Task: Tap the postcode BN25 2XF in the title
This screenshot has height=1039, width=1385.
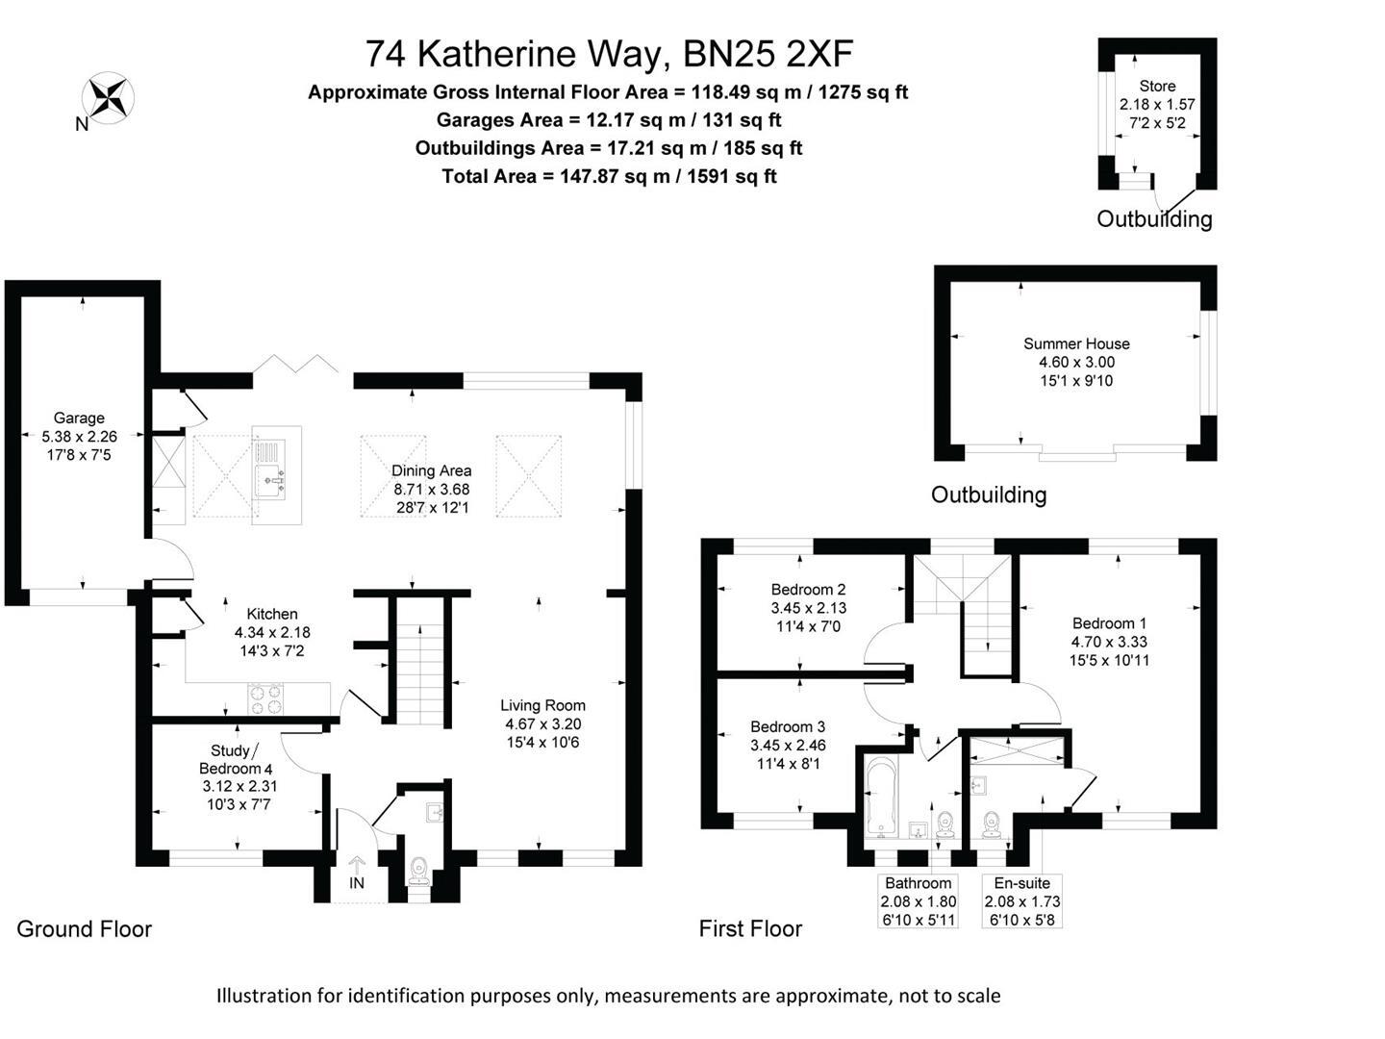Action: click(x=768, y=54)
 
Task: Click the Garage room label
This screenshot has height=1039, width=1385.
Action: click(x=79, y=418)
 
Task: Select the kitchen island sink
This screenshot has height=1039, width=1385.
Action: click(x=270, y=476)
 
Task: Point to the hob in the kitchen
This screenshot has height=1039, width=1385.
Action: click(x=266, y=698)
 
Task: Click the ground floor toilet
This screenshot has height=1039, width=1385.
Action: click(x=418, y=870)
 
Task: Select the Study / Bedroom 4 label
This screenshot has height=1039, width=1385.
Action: click(x=235, y=760)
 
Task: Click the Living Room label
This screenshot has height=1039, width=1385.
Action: click(x=542, y=705)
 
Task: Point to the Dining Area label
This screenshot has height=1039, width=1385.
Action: click(x=431, y=470)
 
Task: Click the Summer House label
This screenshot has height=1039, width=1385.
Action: click(x=1076, y=343)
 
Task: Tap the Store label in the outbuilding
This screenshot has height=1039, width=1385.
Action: click(x=1157, y=86)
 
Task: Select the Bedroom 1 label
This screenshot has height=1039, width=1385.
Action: click(x=1109, y=623)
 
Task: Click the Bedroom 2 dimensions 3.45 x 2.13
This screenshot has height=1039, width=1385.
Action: click(x=808, y=608)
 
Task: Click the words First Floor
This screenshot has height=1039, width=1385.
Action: click(x=750, y=928)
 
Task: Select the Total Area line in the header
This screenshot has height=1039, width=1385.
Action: click(x=609, y=176)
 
